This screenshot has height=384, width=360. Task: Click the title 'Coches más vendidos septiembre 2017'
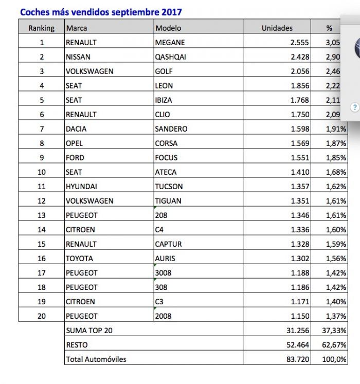(x=101, y=12)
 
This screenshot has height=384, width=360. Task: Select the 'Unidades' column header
(x=277, y=28)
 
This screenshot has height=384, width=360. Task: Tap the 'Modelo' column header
(x=168, y=28)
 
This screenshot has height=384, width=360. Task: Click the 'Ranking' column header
(x=41, y=28)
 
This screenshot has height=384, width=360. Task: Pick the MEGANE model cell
(x=170, y=43)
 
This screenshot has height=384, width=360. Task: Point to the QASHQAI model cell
(x=171, y=57)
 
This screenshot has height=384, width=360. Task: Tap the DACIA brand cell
(x=77, y=129)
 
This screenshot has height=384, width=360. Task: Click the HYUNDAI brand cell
(x=81, y=187)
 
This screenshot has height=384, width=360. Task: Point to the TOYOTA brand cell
(x=79, y=259)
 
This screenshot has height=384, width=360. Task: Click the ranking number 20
(x=42, y=316)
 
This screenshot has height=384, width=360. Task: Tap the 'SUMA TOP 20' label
(x=88, y=331)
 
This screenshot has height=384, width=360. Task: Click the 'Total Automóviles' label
(x=96, y=359)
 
